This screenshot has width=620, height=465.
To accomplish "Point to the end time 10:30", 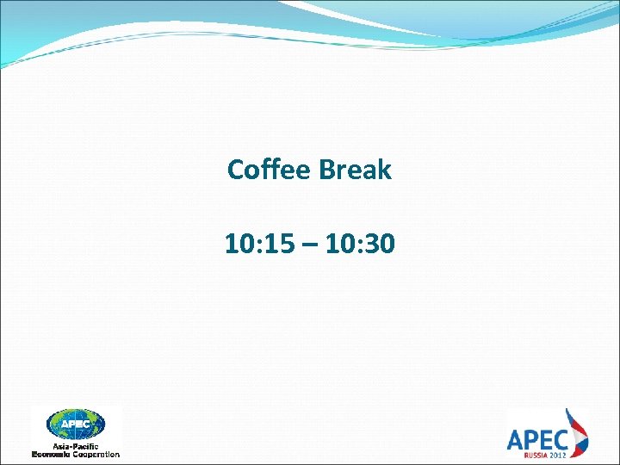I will (x=363, y=245).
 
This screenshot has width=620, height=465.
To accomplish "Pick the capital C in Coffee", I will (x=235, y=170).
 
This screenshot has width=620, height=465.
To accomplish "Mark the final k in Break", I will (x=385, y=170).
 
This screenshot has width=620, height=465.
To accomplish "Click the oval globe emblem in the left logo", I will (x=76, y=424).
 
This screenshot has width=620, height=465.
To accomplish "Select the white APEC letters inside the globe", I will (x=76, y=424).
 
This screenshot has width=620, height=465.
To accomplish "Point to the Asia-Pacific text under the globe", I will (x=76, y=445).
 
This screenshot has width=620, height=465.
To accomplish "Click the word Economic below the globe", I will (x=53, y=453).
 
